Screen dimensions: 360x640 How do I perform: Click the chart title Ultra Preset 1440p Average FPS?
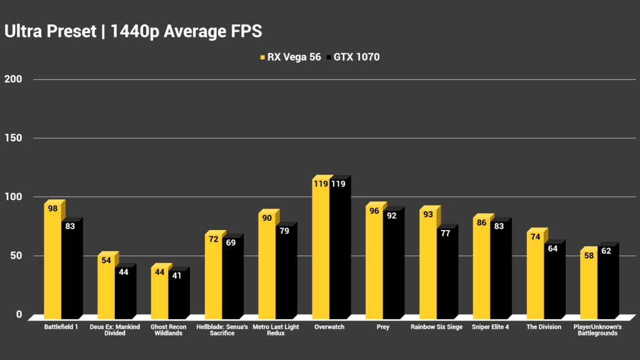pyautogui.click(x=133, y=31)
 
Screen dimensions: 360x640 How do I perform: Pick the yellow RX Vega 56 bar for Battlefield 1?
pyautogui.click(x=52, y=262)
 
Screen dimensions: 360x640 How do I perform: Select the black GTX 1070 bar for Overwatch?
pyautogui.click(x=338, y=250)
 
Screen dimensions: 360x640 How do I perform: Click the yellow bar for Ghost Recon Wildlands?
pyautogui.click(x=159, y=294)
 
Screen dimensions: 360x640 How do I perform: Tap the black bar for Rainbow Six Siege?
pyautogui.click(x=446, y=275)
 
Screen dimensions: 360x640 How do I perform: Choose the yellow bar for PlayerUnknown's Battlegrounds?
pyautogui.click(x=589, y=284)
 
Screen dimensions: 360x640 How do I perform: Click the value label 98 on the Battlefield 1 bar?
pyautogui.click(x=52, y=209)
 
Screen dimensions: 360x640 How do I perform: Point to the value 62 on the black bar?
pyautogui.click(x=606, y=251)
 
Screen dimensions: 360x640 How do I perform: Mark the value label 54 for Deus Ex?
pyautogui.click(x=106, y=260)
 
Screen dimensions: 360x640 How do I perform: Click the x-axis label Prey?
pyautogui.click(x=384, y=327)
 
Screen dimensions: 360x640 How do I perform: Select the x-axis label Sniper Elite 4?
pyautogui.click(x=491, y=327)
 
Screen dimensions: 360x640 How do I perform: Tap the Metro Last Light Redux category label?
pyautogui.click(x=276, y=330)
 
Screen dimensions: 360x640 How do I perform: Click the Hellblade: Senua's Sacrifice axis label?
pyautogui.click(x=222, y=330)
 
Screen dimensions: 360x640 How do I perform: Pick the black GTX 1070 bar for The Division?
pyautogui.click(x=552, y=281)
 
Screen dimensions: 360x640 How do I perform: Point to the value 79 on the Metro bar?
pyautogui.click(x=284, y=231)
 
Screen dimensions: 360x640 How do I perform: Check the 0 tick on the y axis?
pyautogui.click(x=19, y=314)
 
